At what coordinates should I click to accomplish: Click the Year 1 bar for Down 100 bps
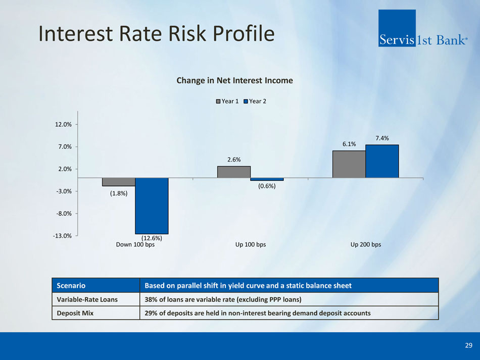click(x=119, y=182)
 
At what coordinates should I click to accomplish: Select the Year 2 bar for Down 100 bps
click(x=152, y=206)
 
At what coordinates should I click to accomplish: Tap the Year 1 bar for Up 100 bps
click(x=234, y=172)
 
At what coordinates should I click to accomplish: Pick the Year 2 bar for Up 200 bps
click(x=382, y=161)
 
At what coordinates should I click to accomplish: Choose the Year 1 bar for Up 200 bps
click(x=349, y=164)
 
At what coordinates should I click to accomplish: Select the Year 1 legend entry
click(x=228, y=101)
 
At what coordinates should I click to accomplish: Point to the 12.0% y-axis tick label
click(x=63, y=124)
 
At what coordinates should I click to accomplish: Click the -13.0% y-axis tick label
click(x=62, y=236)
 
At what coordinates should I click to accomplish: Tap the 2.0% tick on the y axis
click(x=64, y=169)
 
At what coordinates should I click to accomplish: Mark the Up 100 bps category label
click(x=251, y=245)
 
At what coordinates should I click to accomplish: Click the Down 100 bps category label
click(x=135, y=245)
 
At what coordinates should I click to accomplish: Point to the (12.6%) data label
click(x=152, y=238)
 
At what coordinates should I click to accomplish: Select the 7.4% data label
click(x=382, y=138)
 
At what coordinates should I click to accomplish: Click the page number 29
click(x=468, y=345)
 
